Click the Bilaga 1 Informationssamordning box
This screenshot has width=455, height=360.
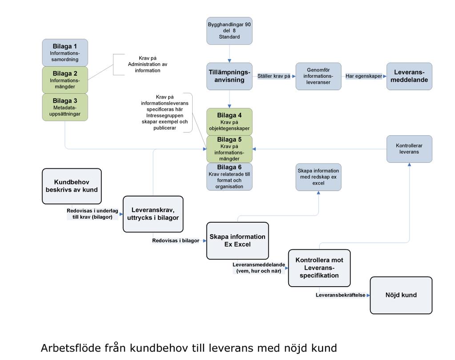65,53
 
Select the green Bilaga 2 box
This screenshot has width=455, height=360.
65,80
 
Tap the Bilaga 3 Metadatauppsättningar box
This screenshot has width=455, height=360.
65,107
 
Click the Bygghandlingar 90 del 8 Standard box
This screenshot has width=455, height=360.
229,31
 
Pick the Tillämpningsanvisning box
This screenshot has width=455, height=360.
229,76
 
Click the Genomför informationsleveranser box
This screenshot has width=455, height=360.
318,76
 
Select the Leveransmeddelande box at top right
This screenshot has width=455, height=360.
409,76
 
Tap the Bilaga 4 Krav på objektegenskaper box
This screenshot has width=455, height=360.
229,122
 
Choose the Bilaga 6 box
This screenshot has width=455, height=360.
229,176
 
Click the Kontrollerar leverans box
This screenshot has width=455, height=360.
409,149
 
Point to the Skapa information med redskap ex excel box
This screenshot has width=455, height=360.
318,177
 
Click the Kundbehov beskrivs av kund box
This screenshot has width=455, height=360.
72,186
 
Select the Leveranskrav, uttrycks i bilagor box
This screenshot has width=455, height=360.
153,214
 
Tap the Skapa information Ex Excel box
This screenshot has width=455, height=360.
238,240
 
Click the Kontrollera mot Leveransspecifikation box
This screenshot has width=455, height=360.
319,268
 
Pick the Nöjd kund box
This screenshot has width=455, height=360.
401,295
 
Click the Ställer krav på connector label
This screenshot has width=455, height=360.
274,76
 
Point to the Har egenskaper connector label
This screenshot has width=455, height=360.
363,76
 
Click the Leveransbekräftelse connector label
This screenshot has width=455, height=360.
340,295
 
